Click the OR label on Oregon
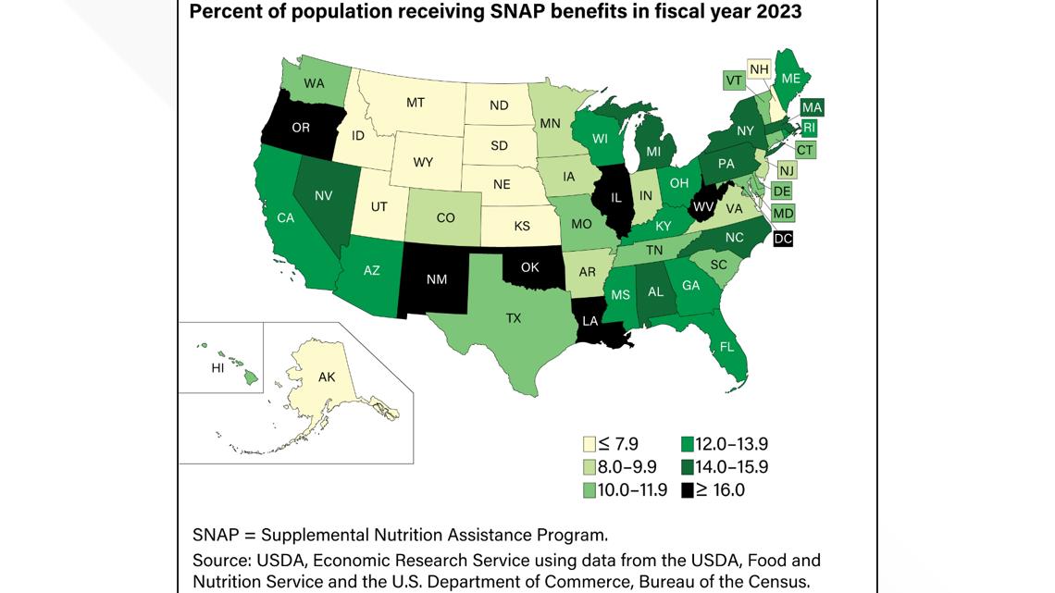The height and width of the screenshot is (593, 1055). pos(300,128)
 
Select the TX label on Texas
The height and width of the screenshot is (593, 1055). pos(513,318)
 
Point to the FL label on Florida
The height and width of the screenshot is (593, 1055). pos(726,348)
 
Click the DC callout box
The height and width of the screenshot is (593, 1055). pos(783,239)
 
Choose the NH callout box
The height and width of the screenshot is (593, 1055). pos(759,69)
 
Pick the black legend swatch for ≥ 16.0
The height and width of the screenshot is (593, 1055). pos(688,491)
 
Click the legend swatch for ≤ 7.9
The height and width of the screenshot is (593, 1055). pos(589,444)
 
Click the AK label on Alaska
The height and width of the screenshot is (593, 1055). pos(327,377)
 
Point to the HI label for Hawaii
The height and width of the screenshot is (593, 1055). pos(218,368)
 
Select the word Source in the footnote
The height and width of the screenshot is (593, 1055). pos(218,561)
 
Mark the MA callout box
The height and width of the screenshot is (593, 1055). pos(812,107)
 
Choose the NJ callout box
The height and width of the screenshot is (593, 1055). pos(786,170)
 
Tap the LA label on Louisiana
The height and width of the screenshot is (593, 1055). pos(590,321)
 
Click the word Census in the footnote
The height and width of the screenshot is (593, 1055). pos(784,582)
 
